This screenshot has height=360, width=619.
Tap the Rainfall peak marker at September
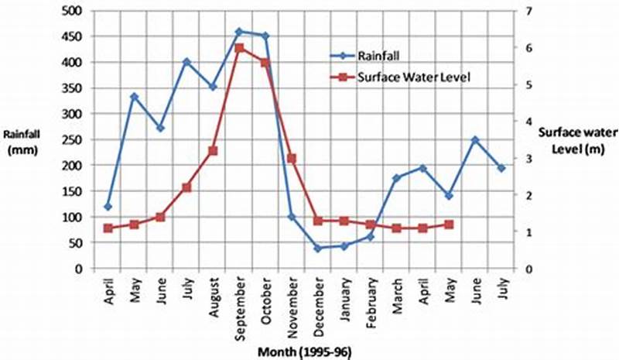point(239,32)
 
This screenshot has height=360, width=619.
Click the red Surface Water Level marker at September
point(239,48)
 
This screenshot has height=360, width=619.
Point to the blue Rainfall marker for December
point(317,248)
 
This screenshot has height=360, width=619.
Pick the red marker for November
point(292,158)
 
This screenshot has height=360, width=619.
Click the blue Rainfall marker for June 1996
point(475,140)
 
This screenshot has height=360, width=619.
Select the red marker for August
point(213,151)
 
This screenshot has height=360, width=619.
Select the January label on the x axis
point(344,297)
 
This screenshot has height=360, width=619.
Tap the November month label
point(292,300)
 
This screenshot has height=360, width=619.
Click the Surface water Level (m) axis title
point(572,139)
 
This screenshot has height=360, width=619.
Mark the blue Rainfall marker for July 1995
point(186,62)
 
